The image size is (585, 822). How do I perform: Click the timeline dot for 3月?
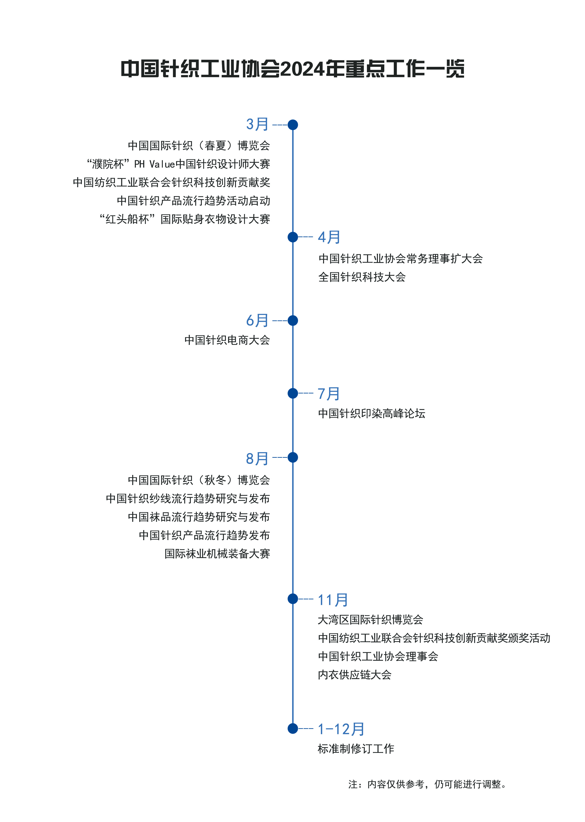click(293, 125)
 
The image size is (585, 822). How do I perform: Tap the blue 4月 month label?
click(329, 237)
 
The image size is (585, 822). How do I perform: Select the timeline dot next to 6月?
click(293, 321)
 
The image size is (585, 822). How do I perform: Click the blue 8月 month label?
click(257, 458)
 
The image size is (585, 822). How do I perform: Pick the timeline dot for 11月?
click(293, 599)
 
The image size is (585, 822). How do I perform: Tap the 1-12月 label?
click(341, 729)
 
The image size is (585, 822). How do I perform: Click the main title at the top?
click(293, 68)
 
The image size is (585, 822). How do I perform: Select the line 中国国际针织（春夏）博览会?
click(199, 146)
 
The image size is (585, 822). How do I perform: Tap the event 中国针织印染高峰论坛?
click(372, 413)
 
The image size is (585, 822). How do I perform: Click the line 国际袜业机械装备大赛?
click(217, 554)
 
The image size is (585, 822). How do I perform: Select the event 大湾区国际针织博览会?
click(370, 620)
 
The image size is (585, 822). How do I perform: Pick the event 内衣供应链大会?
click(355, 675)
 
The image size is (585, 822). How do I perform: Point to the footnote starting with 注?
click(428, 784)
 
